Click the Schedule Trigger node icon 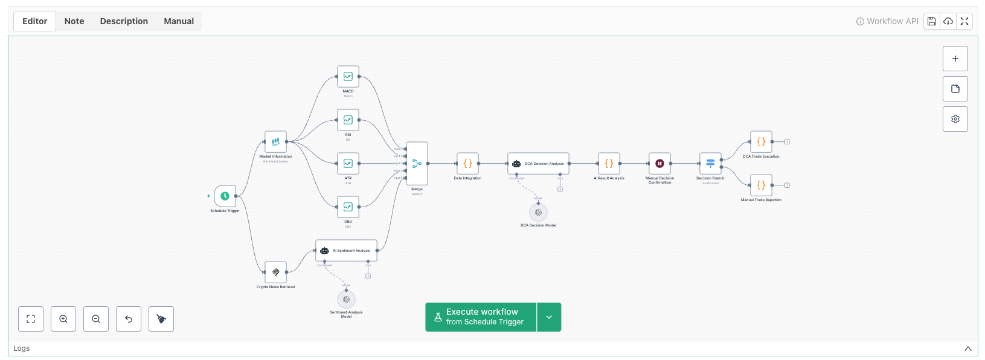(x=225, y=196)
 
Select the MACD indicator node (x=348, y=77)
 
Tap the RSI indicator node (x=348, y=120)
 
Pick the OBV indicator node (x=348, y=207)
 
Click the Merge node (x=417, y=164)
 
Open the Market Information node (x=275, y=142)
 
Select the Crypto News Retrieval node (x=275, y=272)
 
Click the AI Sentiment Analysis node (x=346, y=251)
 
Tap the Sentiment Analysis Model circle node (x=346, y=299)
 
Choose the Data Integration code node (x=467, y=164)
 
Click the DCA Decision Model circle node (x=538, y=213)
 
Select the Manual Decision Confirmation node (x=659, y=164)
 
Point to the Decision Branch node (x=710, y=164)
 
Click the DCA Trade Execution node (x=761, y=142)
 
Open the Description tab (x=124, y=21)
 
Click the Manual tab (x=179, y=21)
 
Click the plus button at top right (x=955, y=59)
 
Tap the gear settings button (x=955, y=119)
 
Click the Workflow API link (x=887, y=21)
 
